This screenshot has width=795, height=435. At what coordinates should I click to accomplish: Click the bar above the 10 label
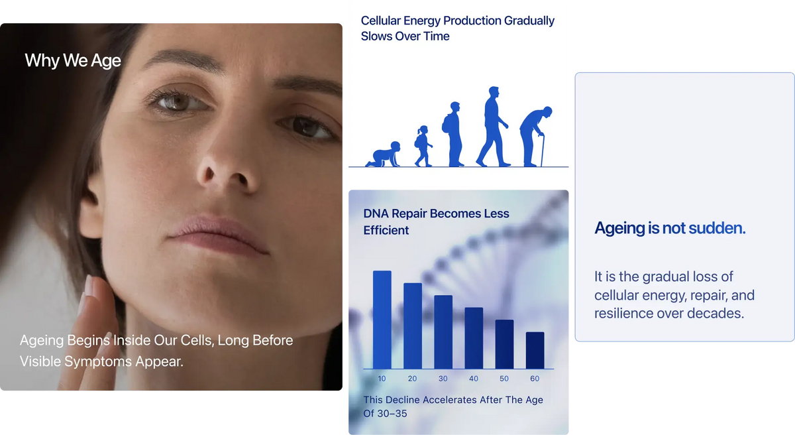pyautogui.click(x=382, y=320)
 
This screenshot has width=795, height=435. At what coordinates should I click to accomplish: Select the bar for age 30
pyautogui.click(x=443, y=332)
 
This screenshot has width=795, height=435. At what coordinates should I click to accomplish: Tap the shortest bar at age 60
pyautogui.click(x=535, y=351)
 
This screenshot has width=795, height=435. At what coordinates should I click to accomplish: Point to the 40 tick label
pyautogui.click(x=474, y=379)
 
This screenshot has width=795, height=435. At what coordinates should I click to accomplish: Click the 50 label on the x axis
pyautogui.click(x=504, y=379)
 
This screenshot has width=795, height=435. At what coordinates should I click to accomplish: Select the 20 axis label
pyautogui.click(x=412, y=379)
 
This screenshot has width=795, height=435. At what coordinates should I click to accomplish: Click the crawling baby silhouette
pyautogui.click(x=384, y=155)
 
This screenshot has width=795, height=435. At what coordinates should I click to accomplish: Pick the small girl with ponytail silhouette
pyautogui.click(x=423, y=146)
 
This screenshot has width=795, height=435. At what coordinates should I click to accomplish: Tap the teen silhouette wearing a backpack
pyautogui.click(x=453, y=134)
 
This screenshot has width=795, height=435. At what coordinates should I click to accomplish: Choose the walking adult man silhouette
pyautogui.click(x=492, y=127)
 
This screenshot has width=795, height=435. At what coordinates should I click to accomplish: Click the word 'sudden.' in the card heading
pyautogui.click(x=717, y=228)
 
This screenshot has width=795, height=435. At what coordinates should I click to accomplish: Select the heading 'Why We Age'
pyautogui.click(x=73, y=60)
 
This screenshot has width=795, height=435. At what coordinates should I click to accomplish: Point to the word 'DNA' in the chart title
pyautogui.click(x=376, y=214)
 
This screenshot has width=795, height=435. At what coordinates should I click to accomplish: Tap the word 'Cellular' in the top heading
pyautogui.click(x=381, y=21)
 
